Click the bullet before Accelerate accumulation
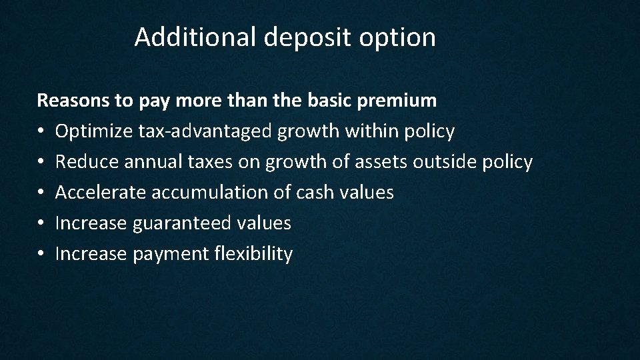coord(41,193)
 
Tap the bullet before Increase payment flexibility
coord(41,254)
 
